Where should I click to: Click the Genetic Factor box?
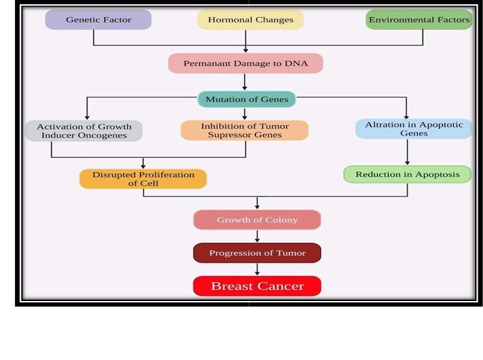(98, 20)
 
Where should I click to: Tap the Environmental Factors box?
(419, 20)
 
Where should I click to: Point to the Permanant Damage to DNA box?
(245, 63)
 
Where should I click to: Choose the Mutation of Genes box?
(247, 99)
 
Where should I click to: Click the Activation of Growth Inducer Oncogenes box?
(84, 131)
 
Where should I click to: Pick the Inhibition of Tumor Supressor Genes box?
(245, 131)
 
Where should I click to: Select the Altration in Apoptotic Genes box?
(413, 129)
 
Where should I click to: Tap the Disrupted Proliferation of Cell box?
(143, 179)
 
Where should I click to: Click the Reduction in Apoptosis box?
(407, 174)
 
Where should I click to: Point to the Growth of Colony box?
(257, 220)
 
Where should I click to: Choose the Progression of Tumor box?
(257, 253)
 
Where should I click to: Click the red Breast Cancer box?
(257, 286)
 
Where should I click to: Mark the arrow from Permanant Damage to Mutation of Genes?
(245, 81)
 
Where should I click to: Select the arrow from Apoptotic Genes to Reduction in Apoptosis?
(407, 152)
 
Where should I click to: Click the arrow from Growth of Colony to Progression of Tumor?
(257, 237)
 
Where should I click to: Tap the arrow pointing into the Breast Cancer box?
(257, 269)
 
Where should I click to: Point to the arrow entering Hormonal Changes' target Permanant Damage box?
(245, 47)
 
